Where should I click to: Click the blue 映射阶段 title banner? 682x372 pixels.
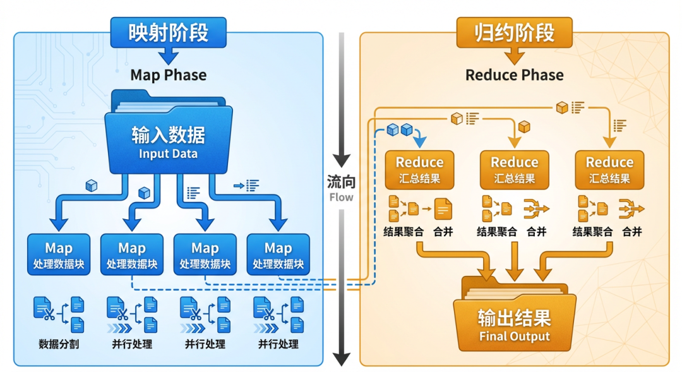pyautogui.click(x=169, y=32)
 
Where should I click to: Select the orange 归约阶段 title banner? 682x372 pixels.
pyautogui.click(x=514, y=32)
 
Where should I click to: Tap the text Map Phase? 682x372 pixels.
pyautogui.click(x=169, y=75)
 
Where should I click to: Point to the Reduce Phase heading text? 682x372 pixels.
pyautogui.click(x=514, y=75)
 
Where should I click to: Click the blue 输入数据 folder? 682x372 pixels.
pyautogui.click(x=169, y=133)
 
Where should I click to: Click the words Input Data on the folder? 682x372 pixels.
pyautogui.click(x=169, y=153)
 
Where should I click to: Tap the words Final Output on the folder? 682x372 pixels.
pyautogui.click(x=515, y=337)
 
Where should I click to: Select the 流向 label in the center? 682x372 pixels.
pyautogui.click(x=342, y=181)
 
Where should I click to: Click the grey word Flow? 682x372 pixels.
pyautogui.click(x=342, y=198)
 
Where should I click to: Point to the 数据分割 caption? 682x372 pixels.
pyautogui.click(x=59, y=344)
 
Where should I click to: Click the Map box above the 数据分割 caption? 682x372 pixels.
pyautogui.click(x=59, y=255)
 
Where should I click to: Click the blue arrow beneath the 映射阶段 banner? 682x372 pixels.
pyautogui.click(x=169, y=56)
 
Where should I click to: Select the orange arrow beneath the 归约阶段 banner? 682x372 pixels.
pyautogui.click(x=514, y=56)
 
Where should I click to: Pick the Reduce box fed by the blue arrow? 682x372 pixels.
pyautogui.click(x=419, y=170)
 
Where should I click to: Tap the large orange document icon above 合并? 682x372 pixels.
pyautogui.click(x=443, y=209)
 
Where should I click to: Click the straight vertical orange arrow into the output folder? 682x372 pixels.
pyautogui.click(x=515, y=261)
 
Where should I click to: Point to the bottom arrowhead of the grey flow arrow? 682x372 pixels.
pyautogui.click(x=342, y=359)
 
